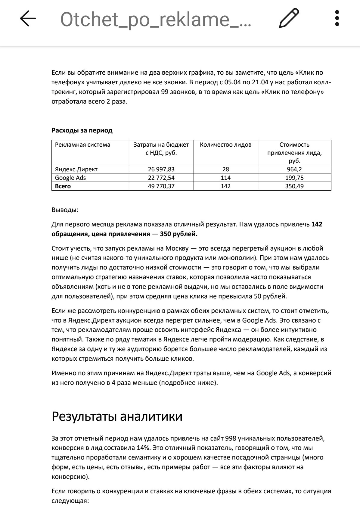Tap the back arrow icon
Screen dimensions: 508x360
[28, 19]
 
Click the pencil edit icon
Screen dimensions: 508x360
[289, 19]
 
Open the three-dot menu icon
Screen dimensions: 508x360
[337, 19]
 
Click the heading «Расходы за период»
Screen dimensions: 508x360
[82, 130]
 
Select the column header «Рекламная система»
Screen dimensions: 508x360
[82, 145]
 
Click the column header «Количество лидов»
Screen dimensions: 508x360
[225, 145]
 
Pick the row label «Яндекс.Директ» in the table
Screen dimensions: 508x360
[76, 169]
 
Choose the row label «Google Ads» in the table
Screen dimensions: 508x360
[70, 178]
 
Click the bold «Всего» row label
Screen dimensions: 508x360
[63, 186]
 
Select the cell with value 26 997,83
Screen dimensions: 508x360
[161, 169]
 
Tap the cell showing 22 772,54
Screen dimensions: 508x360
[161, 178]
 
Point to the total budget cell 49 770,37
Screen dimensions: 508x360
[161, 186]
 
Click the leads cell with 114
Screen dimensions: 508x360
[225, 178]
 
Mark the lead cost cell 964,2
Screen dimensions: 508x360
[294, 169]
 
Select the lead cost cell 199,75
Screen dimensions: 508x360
[294, 178]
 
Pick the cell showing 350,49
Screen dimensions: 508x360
[294, 186]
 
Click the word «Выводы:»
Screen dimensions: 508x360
[65, 210]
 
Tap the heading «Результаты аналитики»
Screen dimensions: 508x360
[117, 416]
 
